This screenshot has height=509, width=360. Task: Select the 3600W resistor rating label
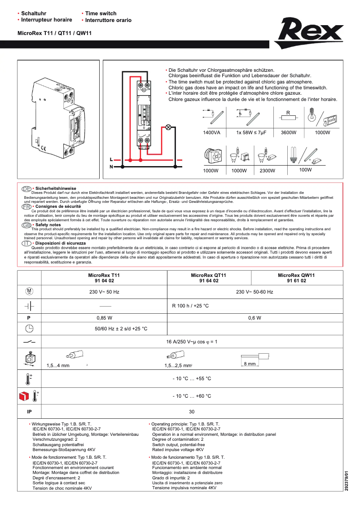pyautogui.click(x=288, y=133)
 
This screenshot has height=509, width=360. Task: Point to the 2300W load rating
pyautogui.click(x=255, y=171)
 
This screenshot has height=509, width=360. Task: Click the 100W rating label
pyautogui.click(x=293, y=170)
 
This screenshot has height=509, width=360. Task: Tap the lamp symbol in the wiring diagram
pyautogui.click(x=168, y=127)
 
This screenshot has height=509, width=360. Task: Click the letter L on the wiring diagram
pyautogui.click(x=111, y=159)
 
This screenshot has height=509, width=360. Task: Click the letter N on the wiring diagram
pyautogui.click(x=111, y=167)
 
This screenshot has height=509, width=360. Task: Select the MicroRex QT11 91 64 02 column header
pyautogui.click(x=209, y=278)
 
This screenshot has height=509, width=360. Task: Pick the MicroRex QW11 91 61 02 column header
pyautogui.click(x=296, y=278)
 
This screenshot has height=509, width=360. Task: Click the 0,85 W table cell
pyautogui.click(x=104, y=318)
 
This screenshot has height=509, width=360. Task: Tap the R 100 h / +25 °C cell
pyautogui.click(x=191, y=306)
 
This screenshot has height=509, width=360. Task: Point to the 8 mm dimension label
pyautogui.click(x=249, y=364)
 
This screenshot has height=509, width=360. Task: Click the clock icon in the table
pyautogui.click(x=29, y=329)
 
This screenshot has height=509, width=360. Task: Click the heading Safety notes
pyautogui.click(x=48, y=225)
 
